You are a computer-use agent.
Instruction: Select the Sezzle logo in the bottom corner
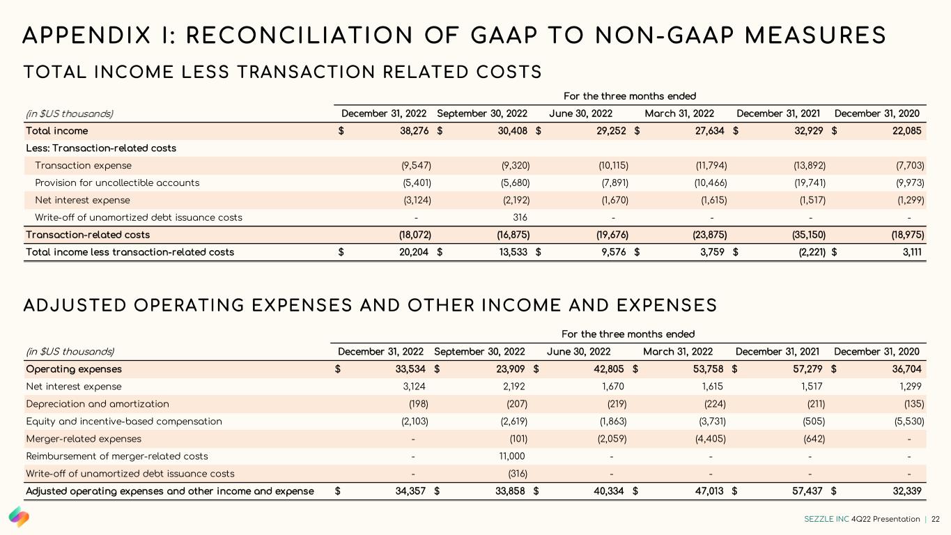19,517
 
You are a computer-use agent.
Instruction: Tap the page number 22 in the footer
936,519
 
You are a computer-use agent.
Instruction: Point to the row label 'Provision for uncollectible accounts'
117,183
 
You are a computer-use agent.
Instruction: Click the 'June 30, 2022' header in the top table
580,114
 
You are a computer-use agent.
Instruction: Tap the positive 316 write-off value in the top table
520,217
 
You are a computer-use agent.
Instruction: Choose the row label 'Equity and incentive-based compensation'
124,421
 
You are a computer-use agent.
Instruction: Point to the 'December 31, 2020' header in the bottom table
876,352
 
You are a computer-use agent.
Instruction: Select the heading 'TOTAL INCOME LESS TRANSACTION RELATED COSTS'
283,72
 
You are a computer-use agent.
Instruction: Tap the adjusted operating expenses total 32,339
905,491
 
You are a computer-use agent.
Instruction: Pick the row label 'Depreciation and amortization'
98,404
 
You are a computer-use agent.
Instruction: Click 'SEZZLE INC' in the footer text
826,519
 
